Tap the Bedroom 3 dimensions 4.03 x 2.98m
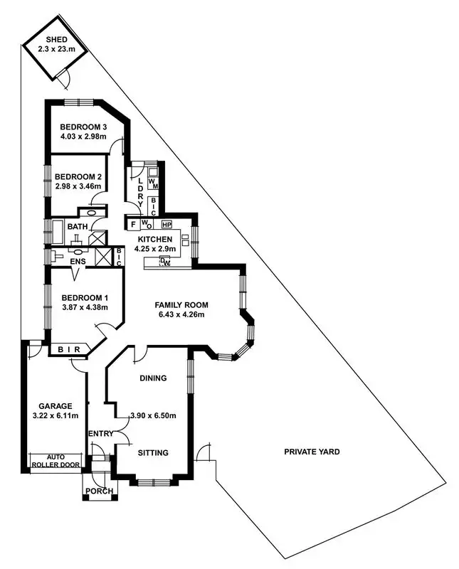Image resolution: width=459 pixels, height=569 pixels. pos(83,137)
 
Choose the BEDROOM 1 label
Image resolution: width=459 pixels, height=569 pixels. pos(85,297)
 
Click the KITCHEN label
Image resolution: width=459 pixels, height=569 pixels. pos(155,239)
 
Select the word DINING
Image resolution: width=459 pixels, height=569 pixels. pos(153,378)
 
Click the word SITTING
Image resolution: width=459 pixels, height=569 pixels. pos(153,452)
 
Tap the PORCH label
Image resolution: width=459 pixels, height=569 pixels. pos(98,491)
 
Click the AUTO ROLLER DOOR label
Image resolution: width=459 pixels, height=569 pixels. pos(56,462)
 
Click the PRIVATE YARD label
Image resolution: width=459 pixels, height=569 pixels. pos(312,452)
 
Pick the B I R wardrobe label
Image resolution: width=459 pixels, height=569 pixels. pos(69,349)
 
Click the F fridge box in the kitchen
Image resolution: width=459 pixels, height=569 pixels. pos(132,225)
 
